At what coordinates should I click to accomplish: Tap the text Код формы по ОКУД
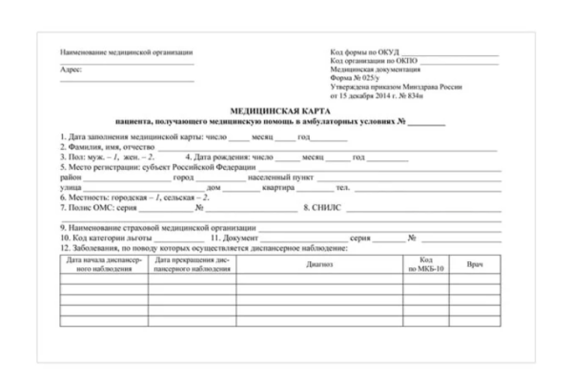[366, 52]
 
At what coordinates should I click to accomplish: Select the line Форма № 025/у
[354, 78]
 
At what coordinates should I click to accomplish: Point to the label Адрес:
[71, 70]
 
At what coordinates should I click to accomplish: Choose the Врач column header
[476, 263]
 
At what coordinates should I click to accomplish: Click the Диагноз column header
[319, 264]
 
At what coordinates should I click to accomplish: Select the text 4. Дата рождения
[219, 157]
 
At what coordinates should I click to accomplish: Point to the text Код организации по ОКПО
[375, 60]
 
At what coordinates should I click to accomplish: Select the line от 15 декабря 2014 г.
[376, 96]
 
